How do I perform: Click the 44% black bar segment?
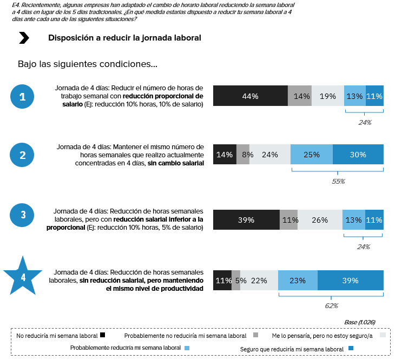[250, 96]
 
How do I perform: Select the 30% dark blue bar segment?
[358, 155]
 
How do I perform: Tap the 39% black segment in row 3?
[246, 220]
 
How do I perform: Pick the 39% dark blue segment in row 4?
[350, 281]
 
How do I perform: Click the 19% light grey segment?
[327, 96]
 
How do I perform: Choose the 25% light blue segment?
[311, 155]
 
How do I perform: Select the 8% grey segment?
[243, 155]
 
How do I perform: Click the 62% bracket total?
[331, 305]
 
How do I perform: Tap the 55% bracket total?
[338, 181]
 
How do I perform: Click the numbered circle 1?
[22, 97]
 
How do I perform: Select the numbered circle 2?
[22, 155]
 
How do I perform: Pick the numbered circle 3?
[22, 215]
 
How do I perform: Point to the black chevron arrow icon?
[24, 38]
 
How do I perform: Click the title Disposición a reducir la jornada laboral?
[124, 38]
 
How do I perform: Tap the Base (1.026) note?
[359, 322]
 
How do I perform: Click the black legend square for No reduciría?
[102, 335]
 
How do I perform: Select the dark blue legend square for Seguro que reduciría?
[351, 349]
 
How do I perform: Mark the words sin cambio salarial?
[175, 163]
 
